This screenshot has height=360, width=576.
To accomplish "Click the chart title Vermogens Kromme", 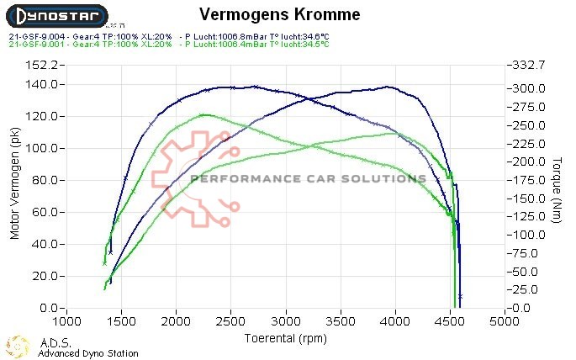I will [279, 14].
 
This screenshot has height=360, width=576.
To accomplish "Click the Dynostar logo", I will [55, 15].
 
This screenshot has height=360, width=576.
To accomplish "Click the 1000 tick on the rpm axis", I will [66, 322].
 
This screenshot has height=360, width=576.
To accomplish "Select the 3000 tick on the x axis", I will [286, 322].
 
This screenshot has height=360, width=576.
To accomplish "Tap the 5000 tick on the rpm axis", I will [505, 322].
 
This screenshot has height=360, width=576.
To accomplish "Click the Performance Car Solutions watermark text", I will [308, 178].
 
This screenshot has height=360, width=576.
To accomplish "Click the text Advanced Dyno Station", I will [88, 353].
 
